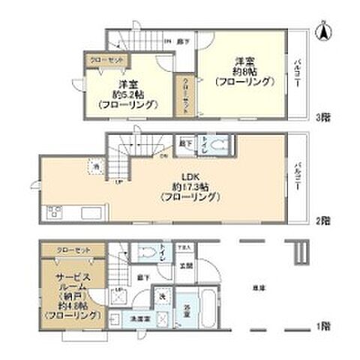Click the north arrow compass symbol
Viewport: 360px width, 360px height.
(x=325, y=31)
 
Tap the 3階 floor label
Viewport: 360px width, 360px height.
(x=322, y=118)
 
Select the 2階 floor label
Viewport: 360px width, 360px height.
(x=322, y=221)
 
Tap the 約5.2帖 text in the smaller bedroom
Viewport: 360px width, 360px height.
(x=126, y=94)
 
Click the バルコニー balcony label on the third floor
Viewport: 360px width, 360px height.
(x=298, y=74)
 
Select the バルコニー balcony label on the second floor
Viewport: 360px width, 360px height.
(x=298, y=177)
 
